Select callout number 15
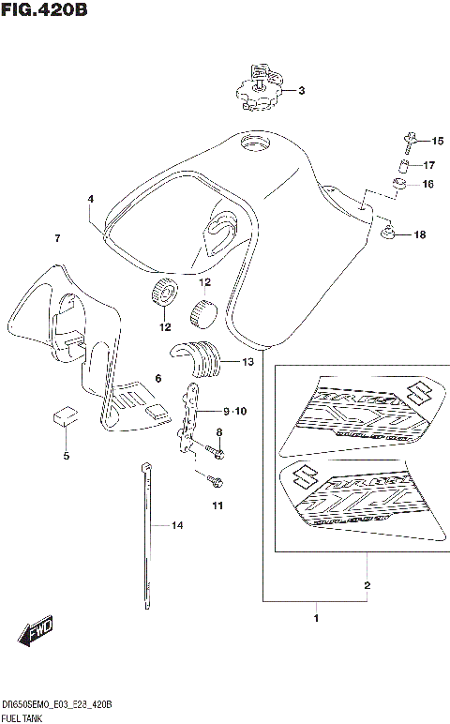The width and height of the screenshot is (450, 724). click(437, 141)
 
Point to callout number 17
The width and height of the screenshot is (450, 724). click(429, 165)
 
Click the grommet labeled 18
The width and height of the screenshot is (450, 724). click(388, 234)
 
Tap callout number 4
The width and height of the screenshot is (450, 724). click(91, 199)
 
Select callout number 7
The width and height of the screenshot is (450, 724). click(57, 238)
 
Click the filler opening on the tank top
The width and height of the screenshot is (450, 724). click(254, 143)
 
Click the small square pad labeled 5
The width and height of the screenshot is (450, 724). click(63, 415)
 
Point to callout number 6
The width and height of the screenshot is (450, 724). click(158, 378)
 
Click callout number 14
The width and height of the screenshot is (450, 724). click(177, 526)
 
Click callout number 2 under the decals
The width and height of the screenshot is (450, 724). click(367, 585)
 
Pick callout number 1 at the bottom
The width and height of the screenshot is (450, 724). click(316, 618)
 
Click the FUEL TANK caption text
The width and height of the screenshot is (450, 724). click(25, 716)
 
